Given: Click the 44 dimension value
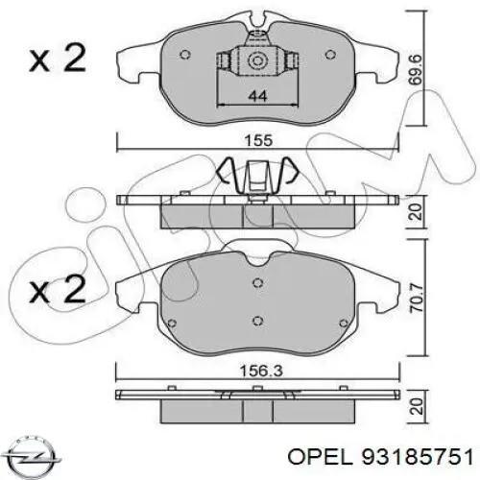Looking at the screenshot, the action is pos(257,96).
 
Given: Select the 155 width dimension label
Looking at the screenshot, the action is pos(258,140).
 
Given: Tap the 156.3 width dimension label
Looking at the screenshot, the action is pos(261,372).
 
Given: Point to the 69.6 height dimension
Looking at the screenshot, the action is pos(416,70).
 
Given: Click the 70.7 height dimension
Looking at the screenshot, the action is pos(418,297).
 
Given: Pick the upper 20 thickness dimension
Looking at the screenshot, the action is pos(417,211).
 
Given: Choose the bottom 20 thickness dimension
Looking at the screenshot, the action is pos(417,407).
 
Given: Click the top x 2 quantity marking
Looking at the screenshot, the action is pos(58,59).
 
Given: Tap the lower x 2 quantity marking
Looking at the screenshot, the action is pos(58,290).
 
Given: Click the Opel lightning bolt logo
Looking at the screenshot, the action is pos(33,456).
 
